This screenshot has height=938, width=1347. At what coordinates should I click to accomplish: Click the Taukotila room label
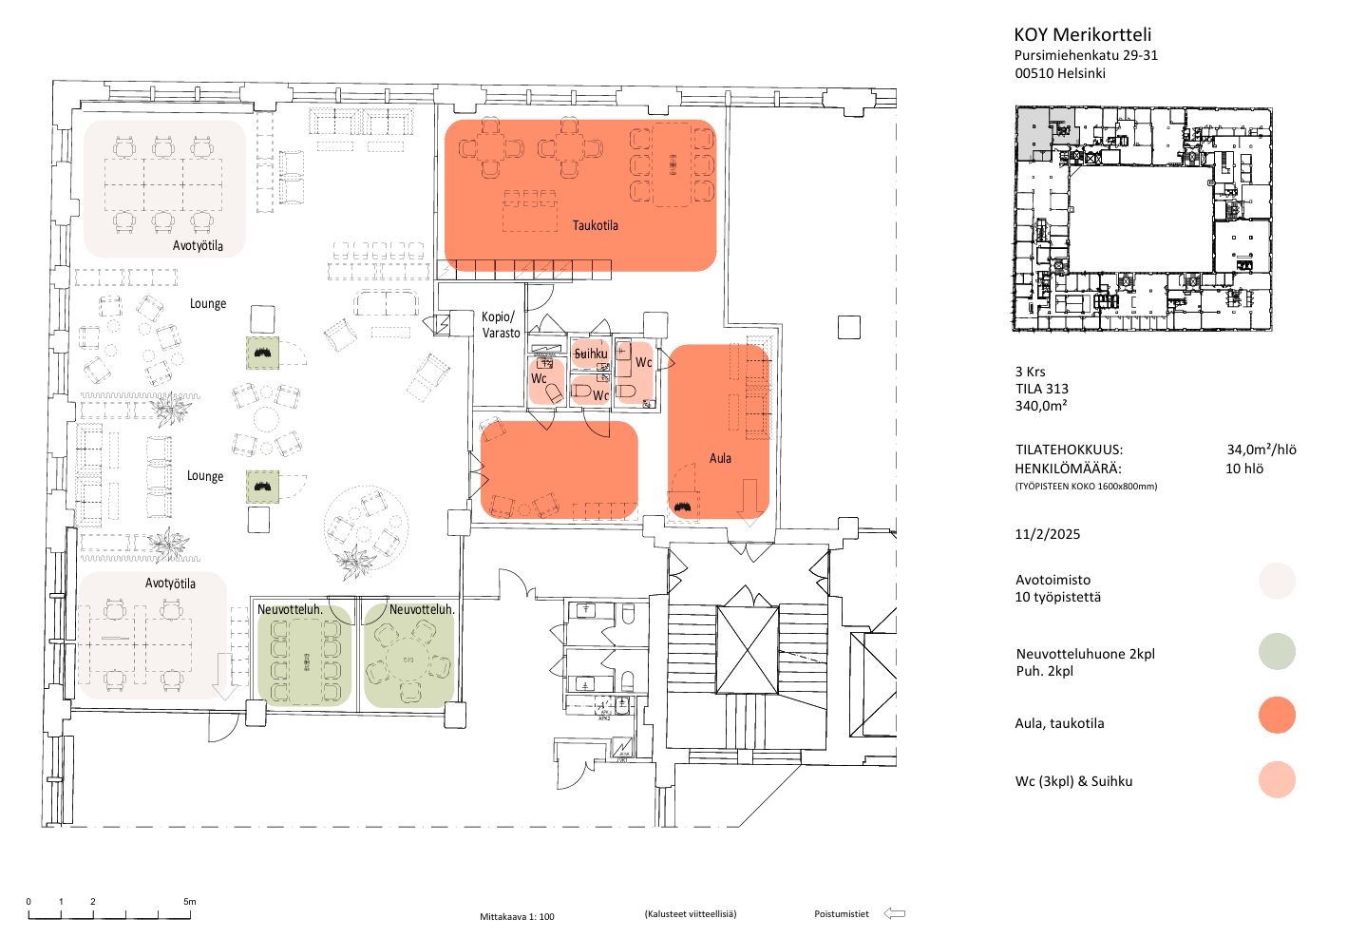click(595, 225)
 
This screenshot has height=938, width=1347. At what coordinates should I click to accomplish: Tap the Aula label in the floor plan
click(720, 458)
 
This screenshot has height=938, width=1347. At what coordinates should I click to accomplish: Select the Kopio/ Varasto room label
click(500, 325)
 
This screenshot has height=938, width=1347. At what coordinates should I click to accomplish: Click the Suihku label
click(591, 354)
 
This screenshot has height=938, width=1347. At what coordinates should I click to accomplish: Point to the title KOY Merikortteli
click(1082, 35)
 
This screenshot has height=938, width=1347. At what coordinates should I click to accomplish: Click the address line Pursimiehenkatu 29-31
click(1086, 55)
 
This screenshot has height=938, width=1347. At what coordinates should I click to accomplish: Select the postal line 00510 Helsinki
click(1060, 73)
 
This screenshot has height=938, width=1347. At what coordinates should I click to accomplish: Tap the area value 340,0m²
click(1041, 406)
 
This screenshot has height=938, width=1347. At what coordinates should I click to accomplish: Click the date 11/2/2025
click(1048, 534)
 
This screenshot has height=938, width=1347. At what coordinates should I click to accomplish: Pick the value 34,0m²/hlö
click(1262, 450)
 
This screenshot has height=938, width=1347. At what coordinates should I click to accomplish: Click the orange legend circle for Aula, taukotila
click(1277, 715)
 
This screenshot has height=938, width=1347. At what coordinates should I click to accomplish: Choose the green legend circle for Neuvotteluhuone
click(1277, 651)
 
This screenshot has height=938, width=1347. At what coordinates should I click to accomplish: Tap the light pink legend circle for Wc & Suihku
click(1277, 779)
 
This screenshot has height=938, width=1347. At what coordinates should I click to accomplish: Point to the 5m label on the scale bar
click(189, 901)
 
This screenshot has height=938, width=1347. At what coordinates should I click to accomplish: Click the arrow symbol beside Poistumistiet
click(894, 914)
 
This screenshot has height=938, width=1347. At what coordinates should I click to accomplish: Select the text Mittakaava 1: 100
click(517, 917)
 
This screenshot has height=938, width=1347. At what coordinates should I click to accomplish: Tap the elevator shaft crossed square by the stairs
click(747, 650)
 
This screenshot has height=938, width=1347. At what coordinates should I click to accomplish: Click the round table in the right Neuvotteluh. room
click(408, 660)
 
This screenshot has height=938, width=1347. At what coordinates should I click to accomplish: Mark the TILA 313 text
click(1042, 389)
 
